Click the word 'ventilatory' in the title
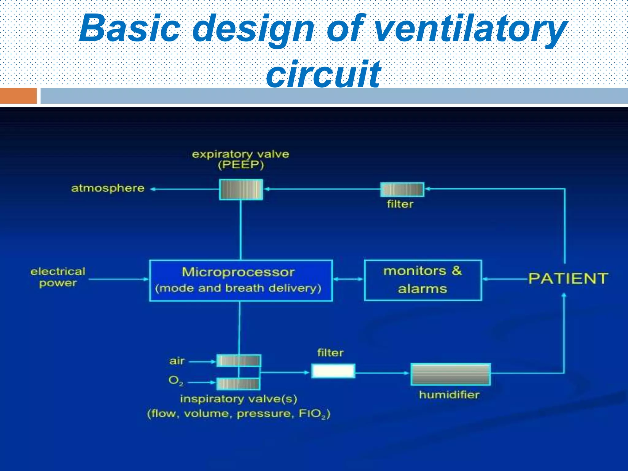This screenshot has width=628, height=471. (471, 29)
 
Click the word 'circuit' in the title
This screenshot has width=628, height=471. (323, 74)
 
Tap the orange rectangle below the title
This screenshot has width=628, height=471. (18, 96)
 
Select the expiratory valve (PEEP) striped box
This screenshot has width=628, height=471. (241, 190)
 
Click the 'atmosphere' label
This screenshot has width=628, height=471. (108, 188)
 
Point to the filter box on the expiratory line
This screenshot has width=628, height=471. (402, 190)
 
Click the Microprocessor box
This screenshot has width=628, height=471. (241, 280)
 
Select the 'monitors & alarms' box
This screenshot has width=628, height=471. (423, 280)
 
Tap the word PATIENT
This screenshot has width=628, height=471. (568, 278)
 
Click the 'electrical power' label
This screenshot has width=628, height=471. (58, 277)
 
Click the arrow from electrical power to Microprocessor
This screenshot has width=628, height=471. (118, 279)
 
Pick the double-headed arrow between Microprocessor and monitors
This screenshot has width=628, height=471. (348, 279)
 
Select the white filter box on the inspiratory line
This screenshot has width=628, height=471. (333, 371)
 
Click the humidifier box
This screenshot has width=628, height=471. (450, 374)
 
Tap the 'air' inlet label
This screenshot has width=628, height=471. (177, 361)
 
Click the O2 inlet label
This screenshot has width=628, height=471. (176, 381)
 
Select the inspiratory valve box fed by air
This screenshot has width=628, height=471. (239, 361)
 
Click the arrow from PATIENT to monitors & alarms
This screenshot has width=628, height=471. (505, 279)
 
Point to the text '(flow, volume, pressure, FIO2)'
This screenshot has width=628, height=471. (239, 414)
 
